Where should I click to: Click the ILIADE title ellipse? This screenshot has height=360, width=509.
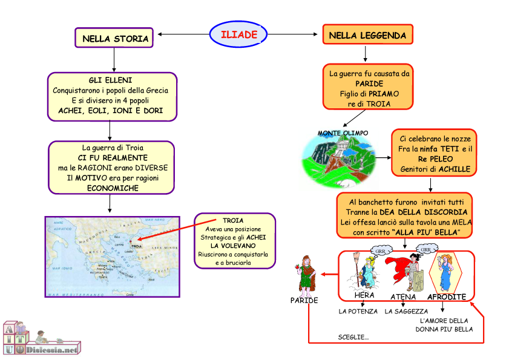[x=238, y=34]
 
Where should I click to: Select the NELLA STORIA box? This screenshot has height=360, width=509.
[x=115, y=39]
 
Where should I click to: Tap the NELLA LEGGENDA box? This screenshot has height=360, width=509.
[x=367, y=36]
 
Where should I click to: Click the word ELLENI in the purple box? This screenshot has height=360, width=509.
[x=119, y=80]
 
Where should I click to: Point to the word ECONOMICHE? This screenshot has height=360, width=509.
[x=113, y=188]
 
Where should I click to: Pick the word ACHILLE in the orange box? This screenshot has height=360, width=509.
[x=454, y=169]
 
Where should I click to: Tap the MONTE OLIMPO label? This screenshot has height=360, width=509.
[x=343, y=133]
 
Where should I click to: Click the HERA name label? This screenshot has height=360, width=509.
[x=364, y=295]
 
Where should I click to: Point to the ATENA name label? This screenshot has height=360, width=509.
[x=403, y=297]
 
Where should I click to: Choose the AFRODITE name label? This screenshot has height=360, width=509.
[x=447, y=297]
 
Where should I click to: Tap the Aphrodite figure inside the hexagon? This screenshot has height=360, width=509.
[x=447, y=272]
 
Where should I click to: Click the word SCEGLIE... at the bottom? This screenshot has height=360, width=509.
[x=353, y=337]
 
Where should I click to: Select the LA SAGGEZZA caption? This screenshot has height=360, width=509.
[x=406, y=312]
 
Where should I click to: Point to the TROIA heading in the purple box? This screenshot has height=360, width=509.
[x=233, y=221]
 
